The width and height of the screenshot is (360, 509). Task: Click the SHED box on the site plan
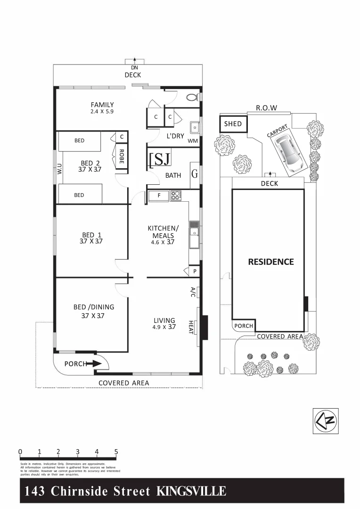click(233, 124)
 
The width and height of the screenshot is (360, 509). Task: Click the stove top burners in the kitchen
click(176, 195)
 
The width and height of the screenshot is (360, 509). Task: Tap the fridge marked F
click(159, 195)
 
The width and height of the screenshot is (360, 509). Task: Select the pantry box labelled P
click(195, 271)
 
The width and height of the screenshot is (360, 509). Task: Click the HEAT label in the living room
click(191, 327)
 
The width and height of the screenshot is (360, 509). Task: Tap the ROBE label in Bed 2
click(121, 156)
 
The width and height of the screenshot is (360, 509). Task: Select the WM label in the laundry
click(193, 141)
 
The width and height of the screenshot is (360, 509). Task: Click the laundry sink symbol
click(194, 128)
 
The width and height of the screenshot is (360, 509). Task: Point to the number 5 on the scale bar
click(116, 452)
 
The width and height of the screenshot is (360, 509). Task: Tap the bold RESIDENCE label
click(270, 262)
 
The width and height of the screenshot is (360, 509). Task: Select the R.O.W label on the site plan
click(266, 108)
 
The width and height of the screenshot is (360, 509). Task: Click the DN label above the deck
click(134, 68)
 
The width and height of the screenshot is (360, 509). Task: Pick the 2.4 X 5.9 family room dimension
click(102, 112)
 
